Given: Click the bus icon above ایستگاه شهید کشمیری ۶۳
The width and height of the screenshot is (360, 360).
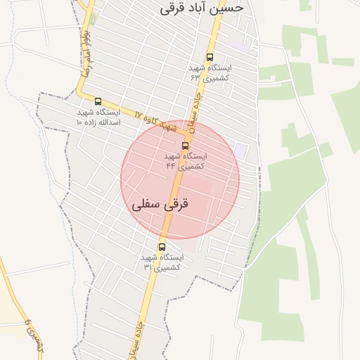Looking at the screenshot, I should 210,57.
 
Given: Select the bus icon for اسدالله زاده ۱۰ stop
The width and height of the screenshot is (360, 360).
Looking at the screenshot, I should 98,101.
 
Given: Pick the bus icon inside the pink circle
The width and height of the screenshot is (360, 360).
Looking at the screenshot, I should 185,146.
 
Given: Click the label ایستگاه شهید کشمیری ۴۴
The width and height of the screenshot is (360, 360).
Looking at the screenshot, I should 186,161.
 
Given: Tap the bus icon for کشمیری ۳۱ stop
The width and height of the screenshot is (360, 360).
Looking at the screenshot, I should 162,247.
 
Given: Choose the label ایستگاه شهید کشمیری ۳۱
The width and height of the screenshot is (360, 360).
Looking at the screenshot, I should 162,262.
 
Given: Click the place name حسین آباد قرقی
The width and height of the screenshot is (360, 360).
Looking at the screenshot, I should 202,8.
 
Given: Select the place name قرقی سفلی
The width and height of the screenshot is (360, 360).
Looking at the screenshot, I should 161,206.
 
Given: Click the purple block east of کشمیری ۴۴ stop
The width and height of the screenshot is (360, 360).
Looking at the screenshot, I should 241,150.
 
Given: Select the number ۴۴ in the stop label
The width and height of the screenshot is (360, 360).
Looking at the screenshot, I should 171,167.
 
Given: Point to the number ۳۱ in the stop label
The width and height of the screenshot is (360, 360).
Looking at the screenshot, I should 148,267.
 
